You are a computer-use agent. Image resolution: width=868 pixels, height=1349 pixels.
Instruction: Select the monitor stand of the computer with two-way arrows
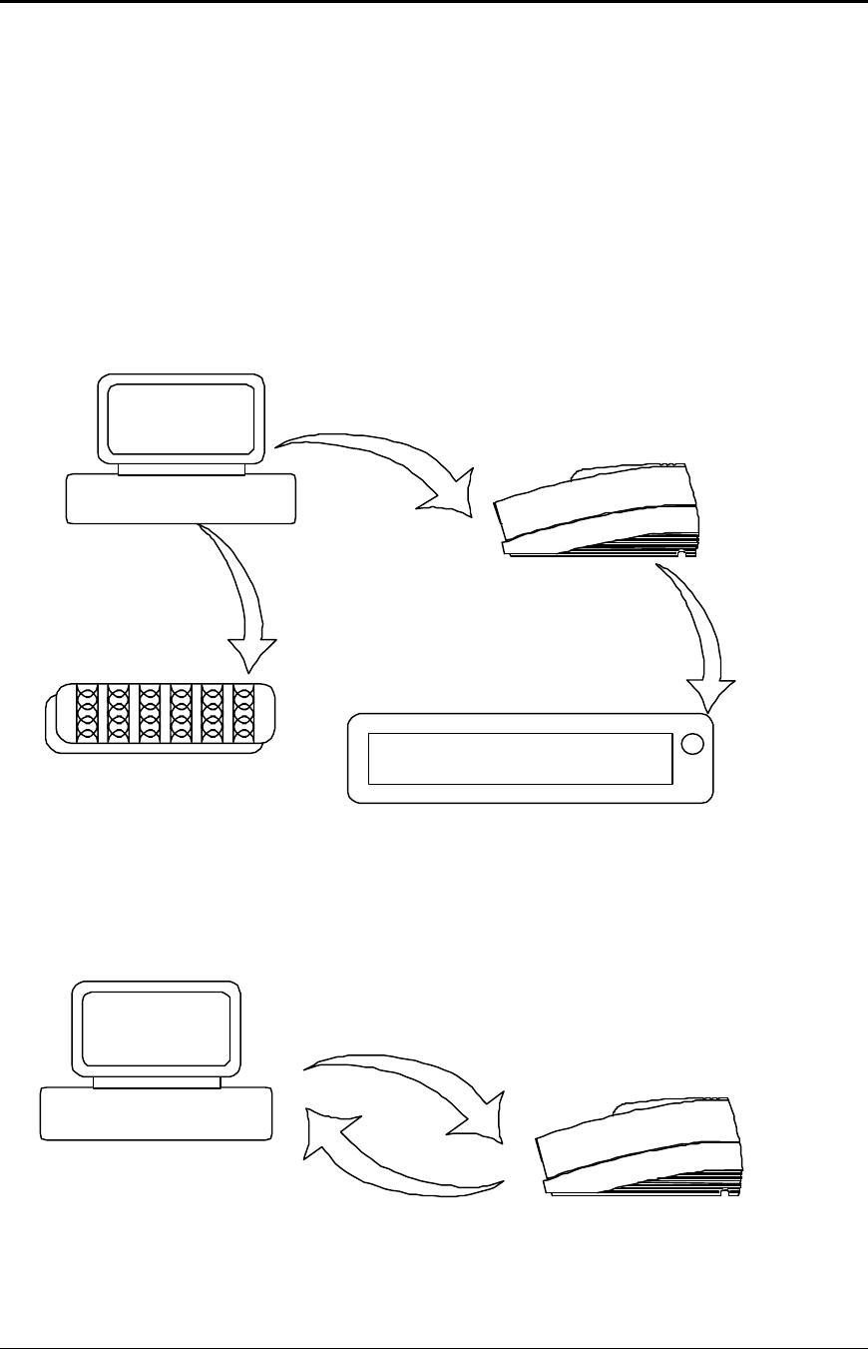click(x=156, y=1082)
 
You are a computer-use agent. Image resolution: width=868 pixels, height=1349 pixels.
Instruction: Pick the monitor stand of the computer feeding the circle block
click(x=181, y=469)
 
